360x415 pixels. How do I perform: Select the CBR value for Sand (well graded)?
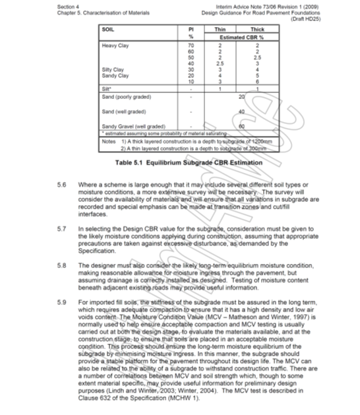(242, 111)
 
